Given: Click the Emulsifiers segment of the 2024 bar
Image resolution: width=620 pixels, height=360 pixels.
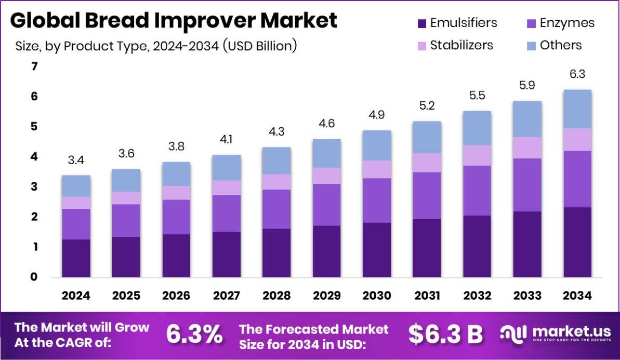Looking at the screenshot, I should [x=76, y=258].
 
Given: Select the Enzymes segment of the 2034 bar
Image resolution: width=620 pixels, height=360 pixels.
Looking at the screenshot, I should [x=578, y=179].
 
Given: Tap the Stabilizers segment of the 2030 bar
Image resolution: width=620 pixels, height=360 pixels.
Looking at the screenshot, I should [x=377, y=169].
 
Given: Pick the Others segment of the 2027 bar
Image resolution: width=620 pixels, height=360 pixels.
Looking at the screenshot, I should [x=226, y=167].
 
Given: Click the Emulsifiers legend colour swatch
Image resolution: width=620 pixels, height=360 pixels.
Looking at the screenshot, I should [x=422, y=23].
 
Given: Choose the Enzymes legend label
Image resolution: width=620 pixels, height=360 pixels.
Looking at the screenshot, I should [x=567, y=23].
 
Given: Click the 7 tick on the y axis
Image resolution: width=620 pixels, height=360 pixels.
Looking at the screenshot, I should [x=34, y=66].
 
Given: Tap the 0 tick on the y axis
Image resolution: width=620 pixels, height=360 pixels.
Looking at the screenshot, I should [x=34, y=277].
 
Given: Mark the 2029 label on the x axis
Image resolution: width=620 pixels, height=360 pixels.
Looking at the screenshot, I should [x=326, y=296].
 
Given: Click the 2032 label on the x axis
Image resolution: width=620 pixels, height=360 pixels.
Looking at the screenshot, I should [x=477, y=296].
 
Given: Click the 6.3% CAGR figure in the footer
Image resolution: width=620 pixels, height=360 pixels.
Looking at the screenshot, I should [x=194, y=334].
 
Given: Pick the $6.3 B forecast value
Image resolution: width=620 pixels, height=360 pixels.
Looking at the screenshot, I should [x=446, y=334].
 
